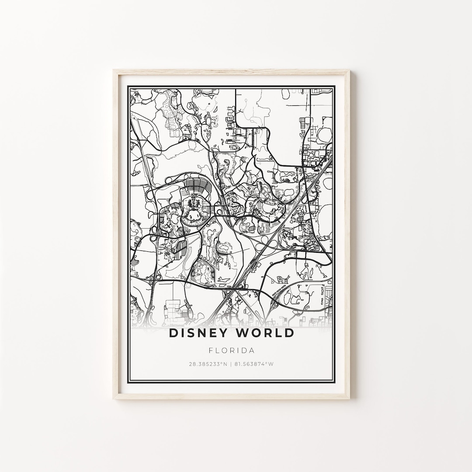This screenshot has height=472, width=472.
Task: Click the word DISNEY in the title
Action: click(x=199, y=333)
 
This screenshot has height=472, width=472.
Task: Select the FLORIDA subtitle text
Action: click(x=232, y=351)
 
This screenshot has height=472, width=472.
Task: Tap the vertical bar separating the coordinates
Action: click(x=232, y=364)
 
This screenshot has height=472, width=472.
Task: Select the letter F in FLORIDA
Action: click(x=211, y=351)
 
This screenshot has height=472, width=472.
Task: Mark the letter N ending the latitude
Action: click(x=226, y=364)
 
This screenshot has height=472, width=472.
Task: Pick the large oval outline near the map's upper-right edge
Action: click(x=326, y=133)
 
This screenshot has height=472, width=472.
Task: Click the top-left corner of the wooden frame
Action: click(x=115, y=71)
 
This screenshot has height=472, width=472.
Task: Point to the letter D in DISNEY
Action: click(x=173, y=333)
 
